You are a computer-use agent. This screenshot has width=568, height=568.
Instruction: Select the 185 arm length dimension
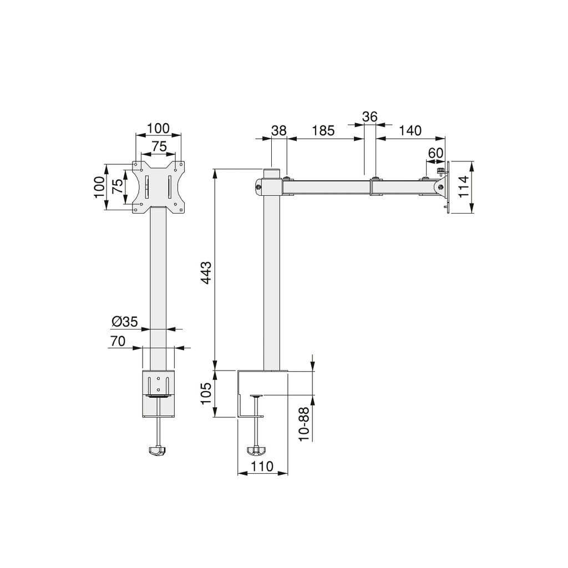click(x=323, y=131)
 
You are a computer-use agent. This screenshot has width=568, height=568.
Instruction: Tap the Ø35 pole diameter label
click(x=124, y=321)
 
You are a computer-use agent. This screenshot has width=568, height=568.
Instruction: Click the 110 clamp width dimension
click(x=262, y=466)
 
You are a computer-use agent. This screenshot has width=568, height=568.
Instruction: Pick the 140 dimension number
click(x=410, y=131)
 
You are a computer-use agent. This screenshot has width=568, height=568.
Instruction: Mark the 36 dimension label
click(x=369, y=117)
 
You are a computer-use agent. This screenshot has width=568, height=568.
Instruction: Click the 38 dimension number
click(x=279, y=131)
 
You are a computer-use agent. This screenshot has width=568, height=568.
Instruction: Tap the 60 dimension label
click(x=435, y=153)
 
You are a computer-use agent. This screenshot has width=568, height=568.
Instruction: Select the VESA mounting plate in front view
click(x=159, y=187)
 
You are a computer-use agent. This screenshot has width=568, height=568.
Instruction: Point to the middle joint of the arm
click(x=376, y=186)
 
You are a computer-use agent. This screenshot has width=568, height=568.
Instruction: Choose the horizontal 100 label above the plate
click(x=159, y=128)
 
